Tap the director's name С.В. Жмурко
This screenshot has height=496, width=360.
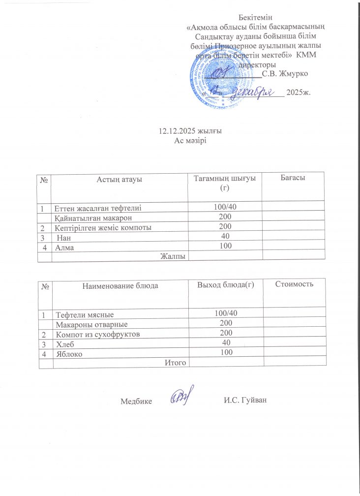pyautogui.click(x=285, y=74)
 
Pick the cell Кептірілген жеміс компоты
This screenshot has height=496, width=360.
pyautogui.click(x=102, y=227)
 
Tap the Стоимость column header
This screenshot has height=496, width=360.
pyautogui.click(x=295, y=284)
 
